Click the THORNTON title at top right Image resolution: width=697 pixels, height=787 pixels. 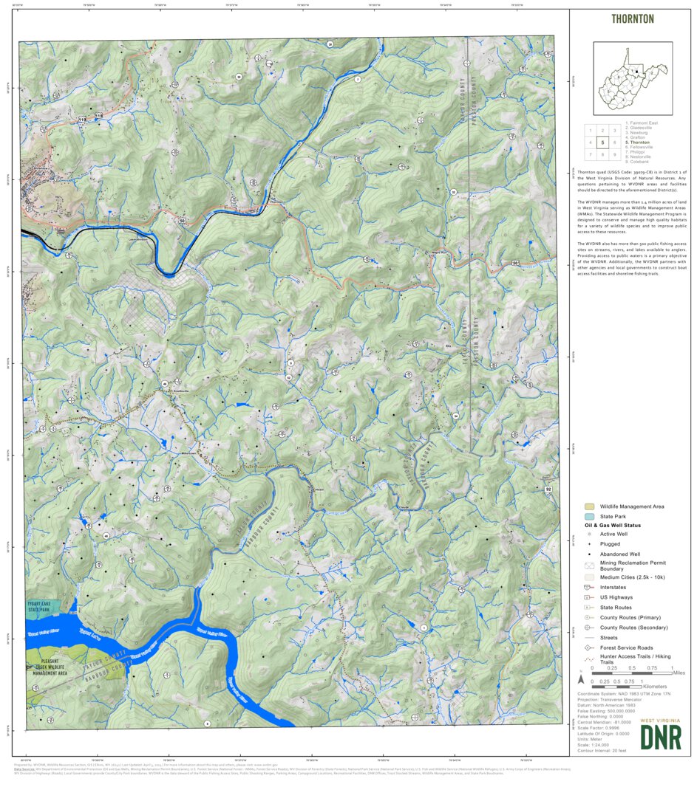632,19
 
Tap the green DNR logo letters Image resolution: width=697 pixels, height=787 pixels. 660,737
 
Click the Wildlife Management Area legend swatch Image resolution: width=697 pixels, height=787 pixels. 589,506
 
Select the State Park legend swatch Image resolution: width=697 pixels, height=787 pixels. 589,516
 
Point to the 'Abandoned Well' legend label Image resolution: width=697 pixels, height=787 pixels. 619,554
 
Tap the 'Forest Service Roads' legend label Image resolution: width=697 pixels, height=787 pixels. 627,647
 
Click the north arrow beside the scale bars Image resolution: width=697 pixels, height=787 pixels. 582,678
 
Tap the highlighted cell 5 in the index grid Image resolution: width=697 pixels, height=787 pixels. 602,142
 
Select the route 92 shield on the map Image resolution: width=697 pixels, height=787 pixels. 548,489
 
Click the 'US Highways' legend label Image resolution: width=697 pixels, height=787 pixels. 616,597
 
